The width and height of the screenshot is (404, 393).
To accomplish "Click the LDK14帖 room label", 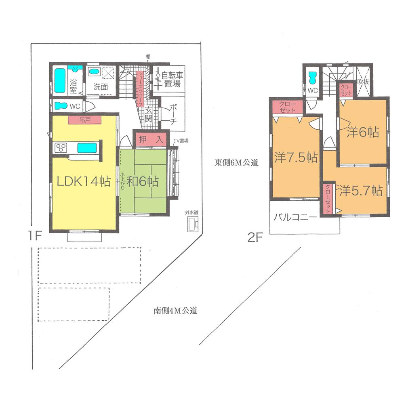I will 84,182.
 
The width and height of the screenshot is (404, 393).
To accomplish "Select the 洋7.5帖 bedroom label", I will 296,157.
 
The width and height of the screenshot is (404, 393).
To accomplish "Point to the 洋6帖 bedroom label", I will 363,132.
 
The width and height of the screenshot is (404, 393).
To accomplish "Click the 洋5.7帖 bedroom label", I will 361,190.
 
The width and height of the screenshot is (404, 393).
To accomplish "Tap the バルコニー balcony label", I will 296,217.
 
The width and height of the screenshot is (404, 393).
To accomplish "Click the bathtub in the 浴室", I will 60,80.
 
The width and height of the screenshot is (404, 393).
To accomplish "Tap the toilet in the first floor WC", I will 61,106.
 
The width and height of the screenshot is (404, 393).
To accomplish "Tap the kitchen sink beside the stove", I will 86,148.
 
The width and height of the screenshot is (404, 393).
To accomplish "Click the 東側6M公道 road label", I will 236,163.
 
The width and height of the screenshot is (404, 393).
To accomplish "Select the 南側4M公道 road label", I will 176,311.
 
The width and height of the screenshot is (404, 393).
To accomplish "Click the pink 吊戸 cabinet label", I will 85,120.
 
